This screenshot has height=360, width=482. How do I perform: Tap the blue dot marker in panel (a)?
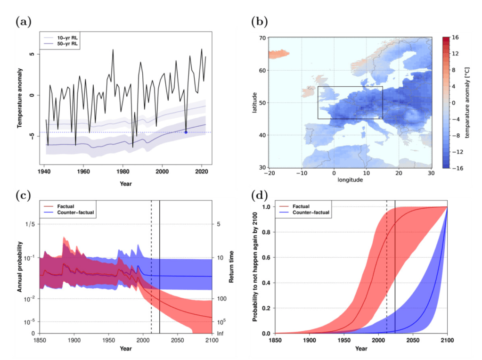(x=186, y=132)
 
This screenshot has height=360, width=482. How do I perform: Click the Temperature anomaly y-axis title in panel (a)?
(x=20, y=99)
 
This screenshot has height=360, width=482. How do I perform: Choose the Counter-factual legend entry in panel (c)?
(x=77, y=213)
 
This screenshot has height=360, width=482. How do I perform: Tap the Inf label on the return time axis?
(x=220, y=333)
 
